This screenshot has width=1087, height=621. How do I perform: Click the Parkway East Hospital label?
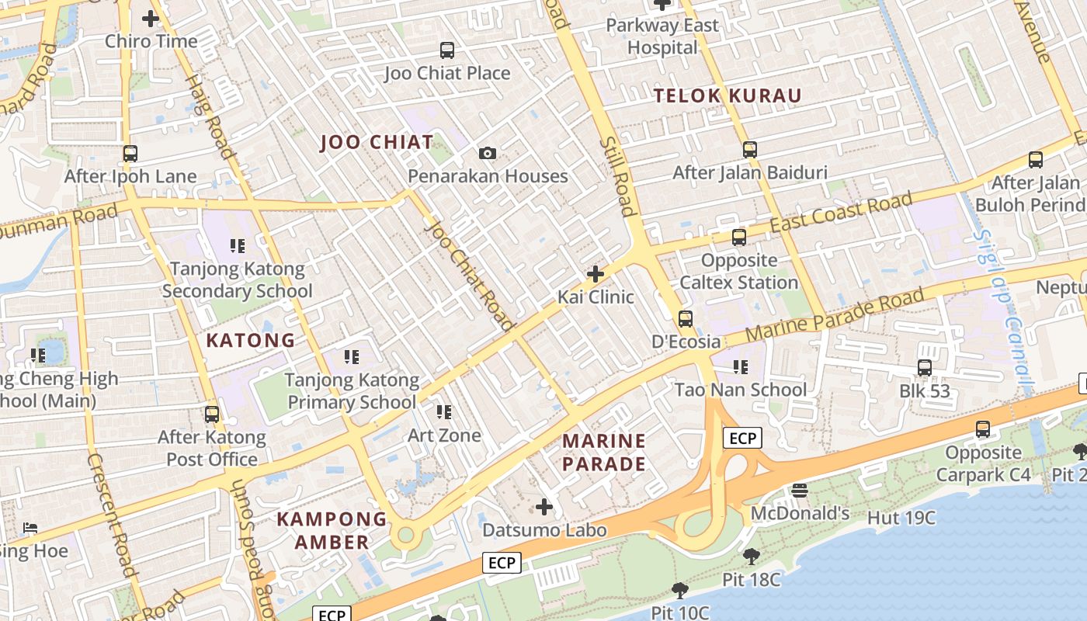[x=662, y=36]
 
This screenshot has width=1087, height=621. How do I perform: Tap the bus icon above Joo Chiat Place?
[x=447, y=50]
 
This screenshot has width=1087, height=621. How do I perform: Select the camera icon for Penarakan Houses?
[x=487, y=153]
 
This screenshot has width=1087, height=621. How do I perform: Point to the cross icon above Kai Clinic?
[x=596, y=274]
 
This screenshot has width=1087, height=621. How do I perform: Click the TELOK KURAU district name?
[x=728, y=96]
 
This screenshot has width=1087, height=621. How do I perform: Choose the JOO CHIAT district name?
[x=377, y=142]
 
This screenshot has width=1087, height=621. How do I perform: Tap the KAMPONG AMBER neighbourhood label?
[x=332, y=531]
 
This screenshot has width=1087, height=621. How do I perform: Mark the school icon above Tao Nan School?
[x=740, y=366]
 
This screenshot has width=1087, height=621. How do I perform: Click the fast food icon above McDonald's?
[x=800, y=490]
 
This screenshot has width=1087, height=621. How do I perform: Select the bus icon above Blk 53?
[x=925, y=368]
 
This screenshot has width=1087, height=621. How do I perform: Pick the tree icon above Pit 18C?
[x=751, y=556]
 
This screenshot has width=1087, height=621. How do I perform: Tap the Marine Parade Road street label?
[x=835, y=314]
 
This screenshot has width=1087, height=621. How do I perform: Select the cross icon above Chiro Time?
[x=151, y=18]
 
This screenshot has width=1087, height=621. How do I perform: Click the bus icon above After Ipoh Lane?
[x=130, y=154]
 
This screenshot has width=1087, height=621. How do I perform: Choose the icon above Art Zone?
[x=444, y=412]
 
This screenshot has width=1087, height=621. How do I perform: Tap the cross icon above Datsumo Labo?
[x=544, y=507]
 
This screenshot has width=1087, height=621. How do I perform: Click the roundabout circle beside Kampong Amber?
[x=405, y=535]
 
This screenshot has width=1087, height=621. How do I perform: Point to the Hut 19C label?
[x=901, y=518]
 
